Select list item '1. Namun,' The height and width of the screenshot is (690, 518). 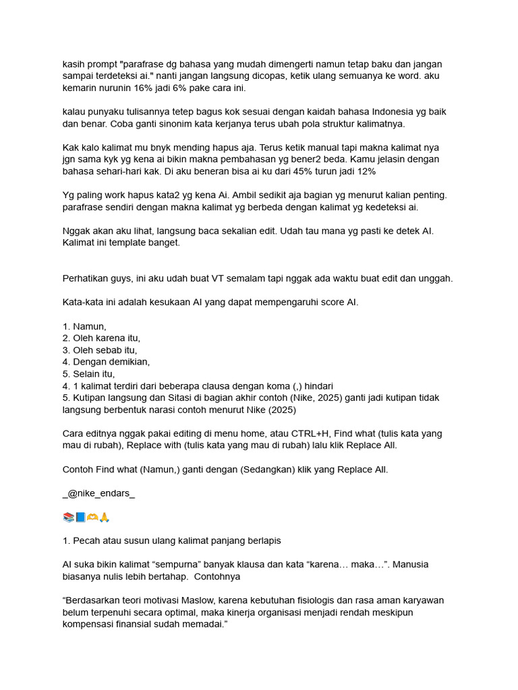(x=84, y=326)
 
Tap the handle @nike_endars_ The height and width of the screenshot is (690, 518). (x=98, y=493)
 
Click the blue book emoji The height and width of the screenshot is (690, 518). (x=80, y=517)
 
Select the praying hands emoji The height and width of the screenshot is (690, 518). (x=104, y=517)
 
